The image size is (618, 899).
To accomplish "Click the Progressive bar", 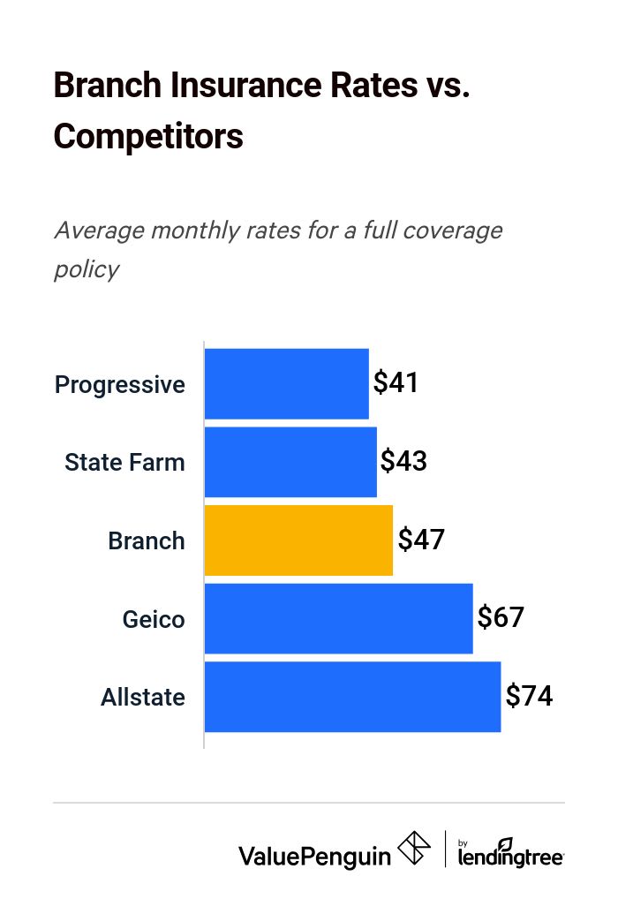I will click(x=286, y=384).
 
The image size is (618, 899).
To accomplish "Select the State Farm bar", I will click(x=290, y=462).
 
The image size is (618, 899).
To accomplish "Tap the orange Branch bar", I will click(x=298, y=540).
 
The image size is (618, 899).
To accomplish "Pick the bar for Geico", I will click(x=338, y=618).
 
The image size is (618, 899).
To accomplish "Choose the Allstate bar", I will click(x=352, y=697).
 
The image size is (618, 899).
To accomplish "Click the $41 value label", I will click(x=396, y=382).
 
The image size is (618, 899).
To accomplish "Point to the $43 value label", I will click(x=403, y=461).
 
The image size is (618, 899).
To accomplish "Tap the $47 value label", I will click(x=421, y=540).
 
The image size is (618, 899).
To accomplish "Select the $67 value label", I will click(x=501, y=617).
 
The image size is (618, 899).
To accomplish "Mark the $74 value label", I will click(x=529, y=696).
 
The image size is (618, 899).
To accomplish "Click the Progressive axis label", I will click(x=120, y=385).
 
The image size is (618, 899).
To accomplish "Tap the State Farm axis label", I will click(x=124, y=462).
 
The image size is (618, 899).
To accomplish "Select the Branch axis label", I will click(x=147, y=540).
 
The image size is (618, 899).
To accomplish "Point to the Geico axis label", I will click(x=154, y=619).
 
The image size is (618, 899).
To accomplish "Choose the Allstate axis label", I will click(x=143, y=698).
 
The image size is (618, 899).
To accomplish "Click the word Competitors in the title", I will click(x=148, y=137).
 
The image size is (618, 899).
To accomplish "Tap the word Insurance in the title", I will click(x=244, y=85).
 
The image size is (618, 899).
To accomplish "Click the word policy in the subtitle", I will click(x=87, y=268).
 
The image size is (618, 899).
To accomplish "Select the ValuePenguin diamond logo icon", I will click(x=414, y=849).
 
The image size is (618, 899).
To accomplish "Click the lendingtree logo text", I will click(x=511, y=855).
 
